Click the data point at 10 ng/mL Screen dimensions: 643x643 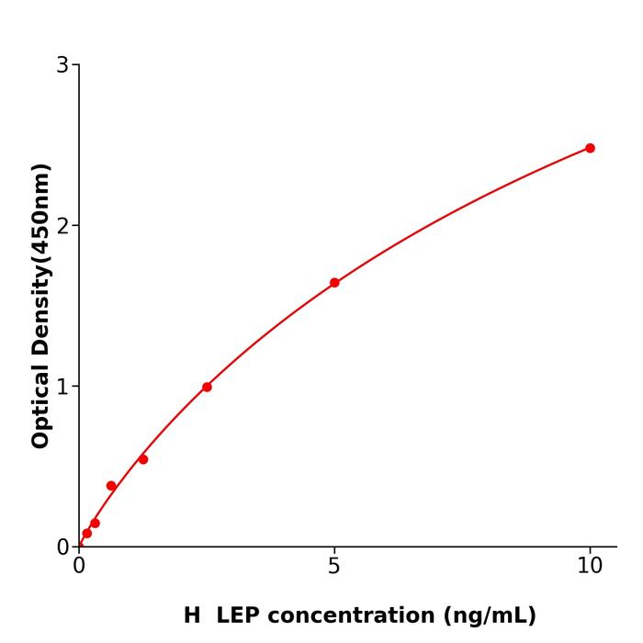click(590, 148)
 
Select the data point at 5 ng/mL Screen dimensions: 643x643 click(334, 283)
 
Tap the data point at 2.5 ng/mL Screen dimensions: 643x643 click(207, 387)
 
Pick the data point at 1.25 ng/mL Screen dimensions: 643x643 click(143, 459)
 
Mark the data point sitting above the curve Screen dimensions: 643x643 click(111, 486)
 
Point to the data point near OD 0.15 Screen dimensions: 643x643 click(95, 524)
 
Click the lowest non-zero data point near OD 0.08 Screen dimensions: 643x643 click(87, 534)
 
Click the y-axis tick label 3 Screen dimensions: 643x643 click(62, 65)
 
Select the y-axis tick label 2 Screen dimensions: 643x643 click(62, 226)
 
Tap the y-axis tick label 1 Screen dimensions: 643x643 click(62, 387)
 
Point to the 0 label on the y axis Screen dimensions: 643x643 click(62, 547)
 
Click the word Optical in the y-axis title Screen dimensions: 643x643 click(40, 406)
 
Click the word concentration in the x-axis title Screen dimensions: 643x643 click(349, 615)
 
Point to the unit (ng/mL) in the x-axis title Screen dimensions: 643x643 click(487, 615)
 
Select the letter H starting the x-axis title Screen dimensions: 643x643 click(191, 615)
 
